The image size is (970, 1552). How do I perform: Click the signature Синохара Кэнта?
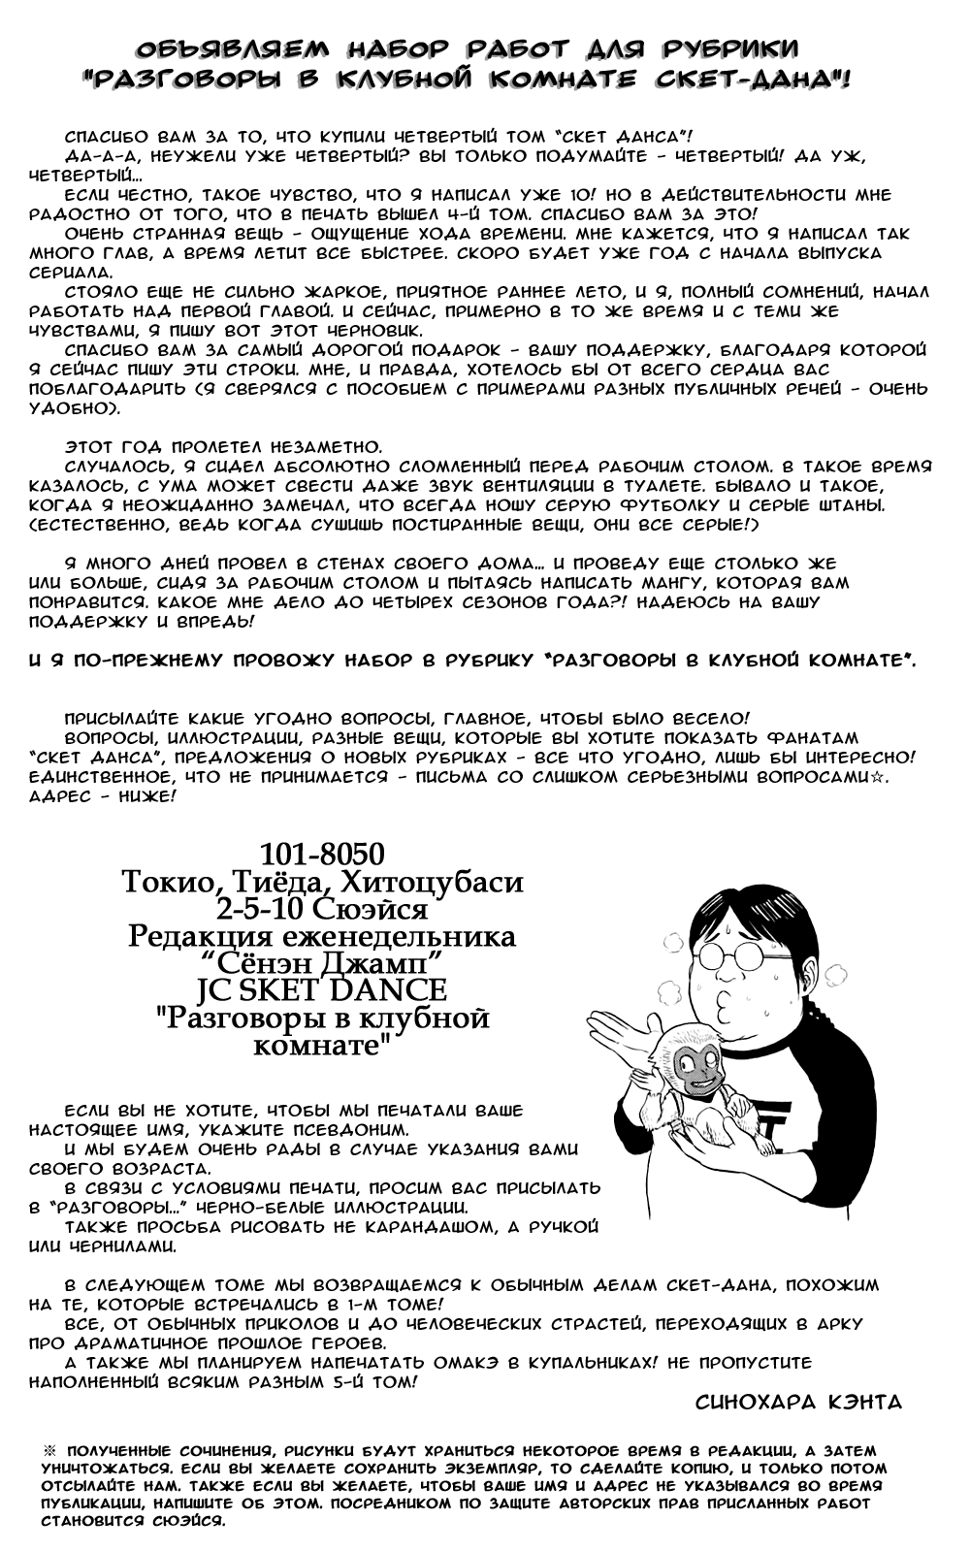[799, 1402]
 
